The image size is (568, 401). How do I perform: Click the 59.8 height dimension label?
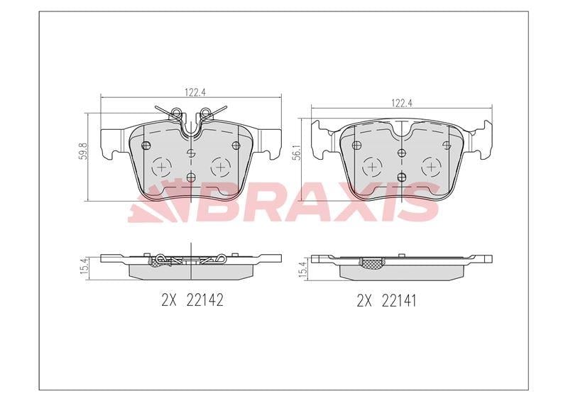click(83, 150)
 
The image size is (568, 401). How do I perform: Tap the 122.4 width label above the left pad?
click(195, 92)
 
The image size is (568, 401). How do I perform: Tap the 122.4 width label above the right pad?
click(402, 103)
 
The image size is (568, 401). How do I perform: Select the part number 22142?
click(204, 300)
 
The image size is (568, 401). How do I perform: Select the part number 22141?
click(399, 300)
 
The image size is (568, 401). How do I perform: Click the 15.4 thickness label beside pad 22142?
click(83, 268)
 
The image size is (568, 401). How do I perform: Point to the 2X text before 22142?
click(168, 300)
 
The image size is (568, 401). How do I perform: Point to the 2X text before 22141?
click(364, 300)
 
